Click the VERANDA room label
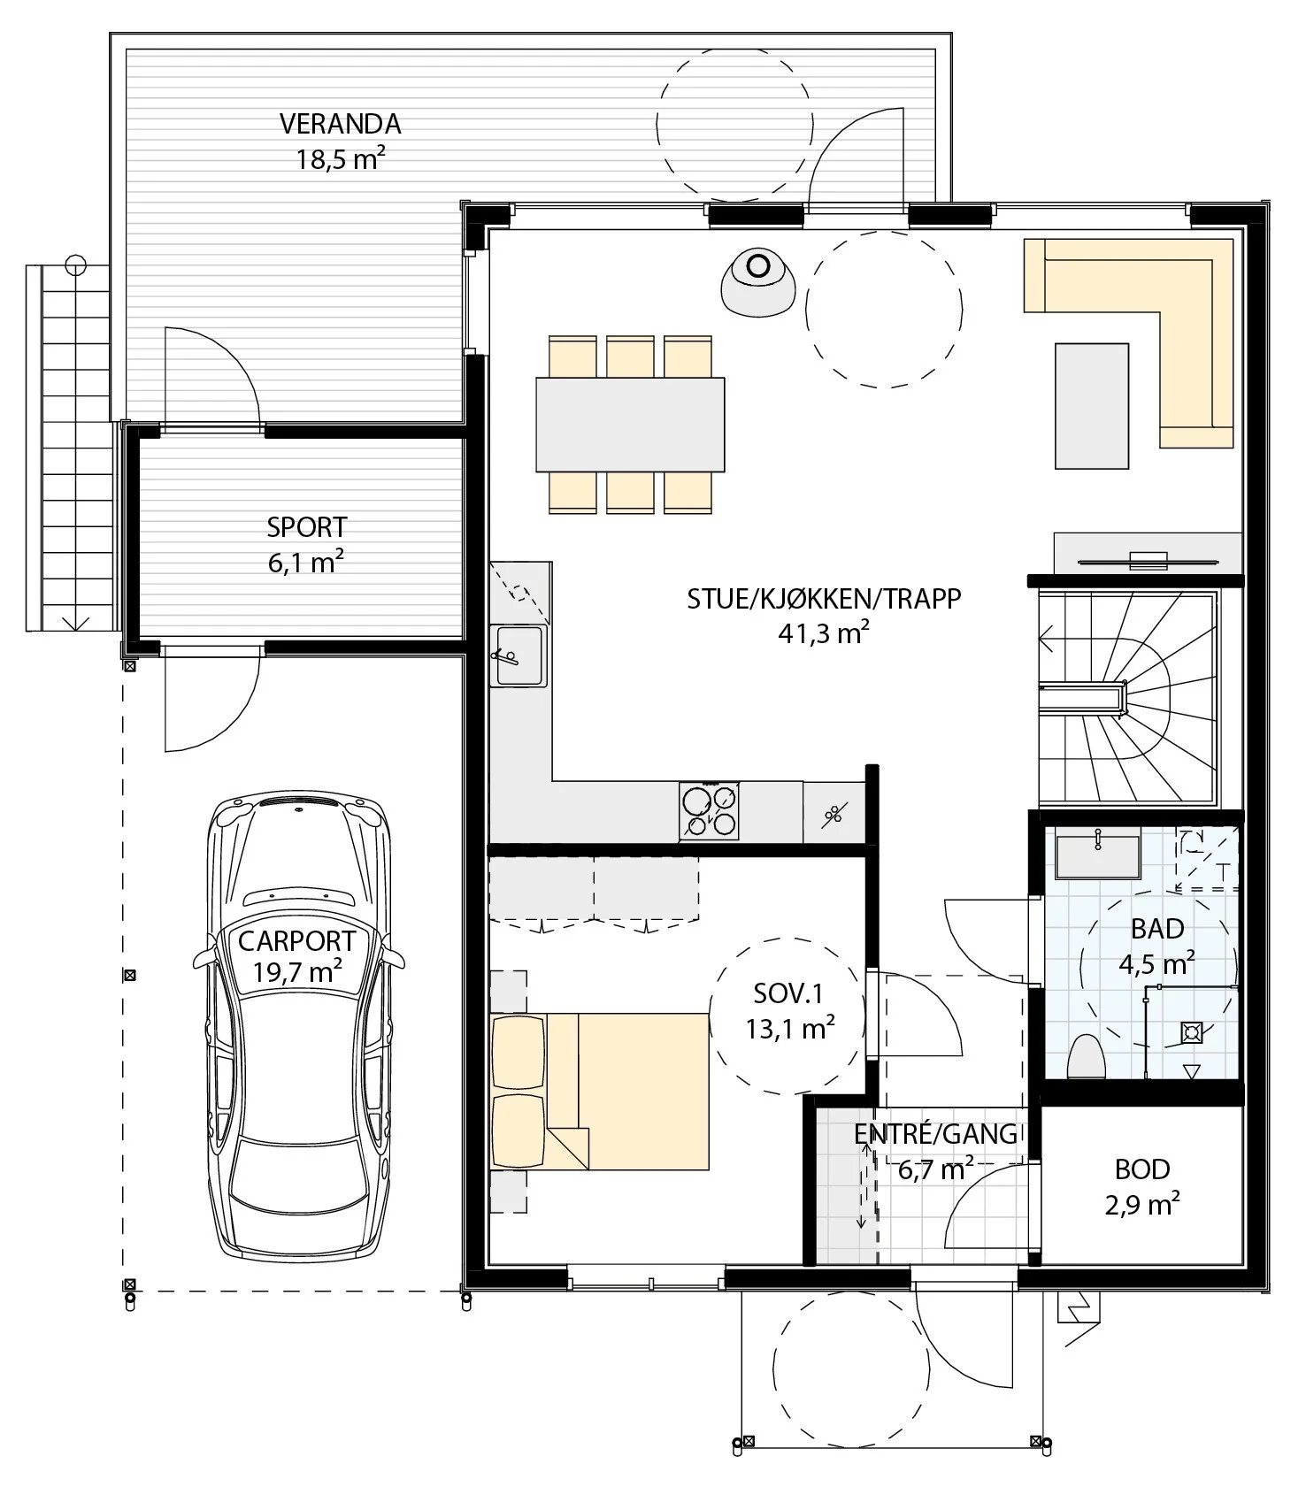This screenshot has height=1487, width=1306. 340,124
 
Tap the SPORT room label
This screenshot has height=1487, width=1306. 306,527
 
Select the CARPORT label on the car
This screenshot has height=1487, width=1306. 296,941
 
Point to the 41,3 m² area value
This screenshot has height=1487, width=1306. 824,633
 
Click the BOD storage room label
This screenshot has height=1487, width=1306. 1142,1169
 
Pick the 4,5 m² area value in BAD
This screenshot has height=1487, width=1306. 1157,962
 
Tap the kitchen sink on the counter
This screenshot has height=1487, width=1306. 519,655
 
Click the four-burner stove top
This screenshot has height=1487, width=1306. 710,811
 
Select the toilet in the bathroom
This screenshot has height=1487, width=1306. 1087,1057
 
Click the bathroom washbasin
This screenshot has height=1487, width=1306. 1096,854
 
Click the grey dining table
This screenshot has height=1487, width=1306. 630,425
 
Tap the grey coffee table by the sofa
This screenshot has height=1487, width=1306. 1092,405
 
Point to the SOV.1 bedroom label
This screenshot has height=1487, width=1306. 788,993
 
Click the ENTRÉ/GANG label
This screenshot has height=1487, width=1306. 935,1134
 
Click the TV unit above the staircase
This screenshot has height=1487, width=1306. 1148,554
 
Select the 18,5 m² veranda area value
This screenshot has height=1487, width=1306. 341,160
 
